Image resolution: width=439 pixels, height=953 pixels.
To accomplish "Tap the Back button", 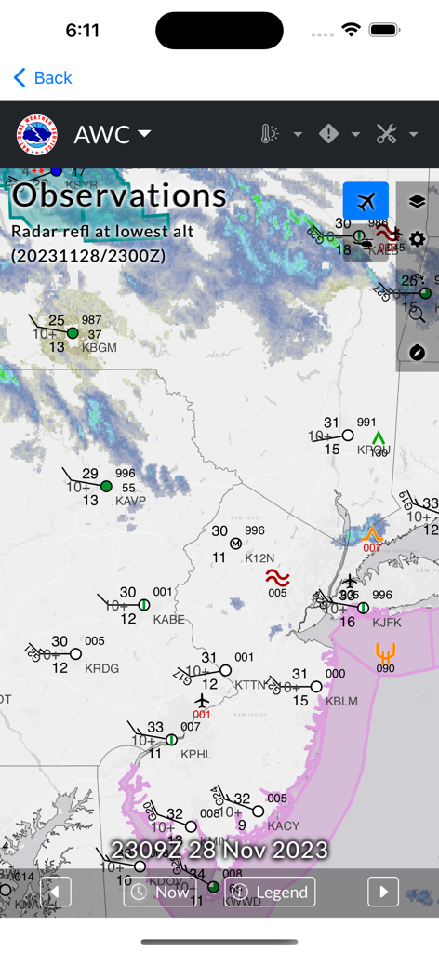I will [43, 78].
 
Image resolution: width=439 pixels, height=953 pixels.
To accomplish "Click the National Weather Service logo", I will [37, 134].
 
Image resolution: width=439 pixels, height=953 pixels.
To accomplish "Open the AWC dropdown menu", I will [113, 134].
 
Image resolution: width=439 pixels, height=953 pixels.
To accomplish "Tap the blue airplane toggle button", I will [366, 201].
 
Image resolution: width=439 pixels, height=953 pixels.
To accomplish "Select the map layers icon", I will [417, 201].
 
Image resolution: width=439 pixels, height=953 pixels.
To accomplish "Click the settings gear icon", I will [417, 239].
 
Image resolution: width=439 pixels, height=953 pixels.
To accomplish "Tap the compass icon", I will [417, 352].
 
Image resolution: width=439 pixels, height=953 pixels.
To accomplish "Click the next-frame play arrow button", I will [383, 892].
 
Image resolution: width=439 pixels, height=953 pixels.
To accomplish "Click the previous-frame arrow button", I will [56, 892].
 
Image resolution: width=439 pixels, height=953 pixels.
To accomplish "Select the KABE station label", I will [169, 619].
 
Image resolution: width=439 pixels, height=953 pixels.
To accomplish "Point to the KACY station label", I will [284, 825].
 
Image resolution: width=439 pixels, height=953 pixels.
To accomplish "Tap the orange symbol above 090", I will [386, 652].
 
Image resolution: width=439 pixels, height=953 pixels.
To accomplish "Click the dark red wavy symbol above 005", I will [277, 578].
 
